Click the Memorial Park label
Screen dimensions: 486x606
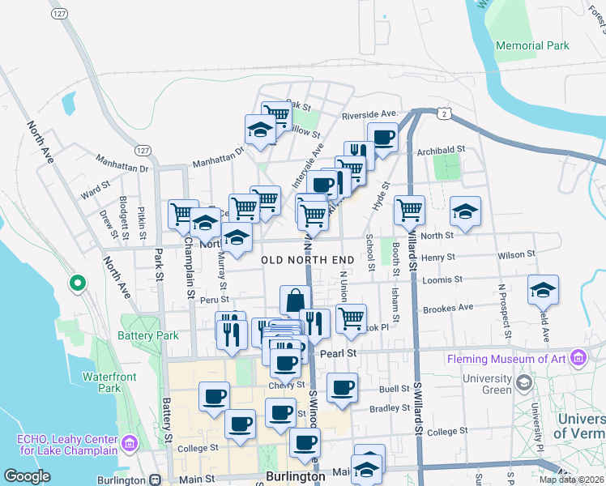[531, 46]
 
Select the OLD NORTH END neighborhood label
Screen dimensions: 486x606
[309, 259]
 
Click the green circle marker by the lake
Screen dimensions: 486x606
[77, 283]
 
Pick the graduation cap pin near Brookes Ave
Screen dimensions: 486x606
[543, 289]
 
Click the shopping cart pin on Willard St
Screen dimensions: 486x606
[410, 210]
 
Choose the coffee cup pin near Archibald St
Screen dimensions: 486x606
[382, 136]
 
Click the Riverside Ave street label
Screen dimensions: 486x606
[369, 114]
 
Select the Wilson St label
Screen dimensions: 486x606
[516, 254]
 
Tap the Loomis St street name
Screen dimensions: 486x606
[442, 279]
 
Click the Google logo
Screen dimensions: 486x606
[27, 476]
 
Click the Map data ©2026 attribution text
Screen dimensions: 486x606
[571, 480]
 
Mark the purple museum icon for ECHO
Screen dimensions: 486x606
[129, 443]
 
